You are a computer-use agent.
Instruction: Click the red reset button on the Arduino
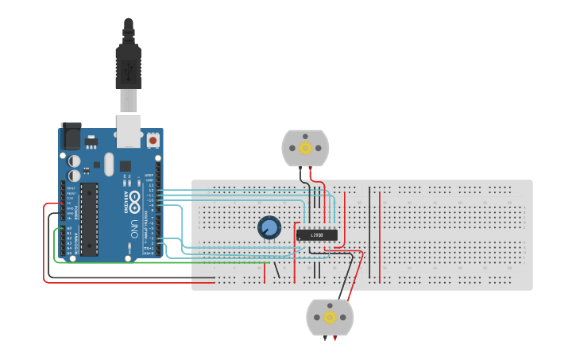click(x=153, y=141)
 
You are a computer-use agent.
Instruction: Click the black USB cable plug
click(x=128, y=67)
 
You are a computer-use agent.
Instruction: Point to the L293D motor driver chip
click(x=317, y=234)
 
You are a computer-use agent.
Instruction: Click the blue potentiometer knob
click(x=270, y=228)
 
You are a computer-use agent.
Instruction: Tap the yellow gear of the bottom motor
click(x=329, y=318)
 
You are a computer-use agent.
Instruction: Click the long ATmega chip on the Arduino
click(x=89, y=219)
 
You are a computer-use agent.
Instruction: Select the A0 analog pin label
click(x=69, y=228)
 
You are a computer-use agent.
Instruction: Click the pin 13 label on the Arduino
click(x=150, y=185)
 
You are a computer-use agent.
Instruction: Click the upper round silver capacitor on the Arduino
click(x=75, y=159)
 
